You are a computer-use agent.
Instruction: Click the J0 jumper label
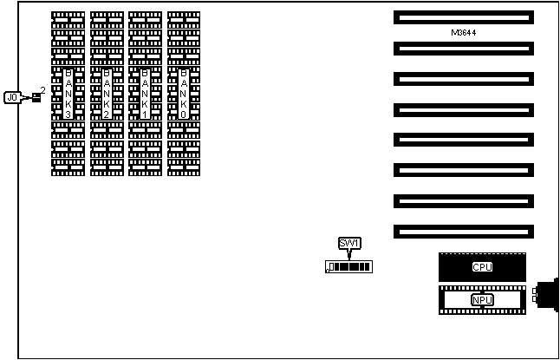click(12, 97)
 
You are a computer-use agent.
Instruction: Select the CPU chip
click(482, 266)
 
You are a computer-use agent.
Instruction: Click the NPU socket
click(482, 300)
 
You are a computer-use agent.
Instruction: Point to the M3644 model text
click(464, 32)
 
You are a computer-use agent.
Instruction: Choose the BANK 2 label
click(107, 94)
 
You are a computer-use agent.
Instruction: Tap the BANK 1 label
click(145, 94)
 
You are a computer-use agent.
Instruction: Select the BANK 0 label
click(184, 94)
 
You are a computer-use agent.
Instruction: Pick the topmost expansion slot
click(463, 16)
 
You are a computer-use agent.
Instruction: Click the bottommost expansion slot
click(463, 232)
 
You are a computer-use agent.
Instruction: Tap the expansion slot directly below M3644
click(463, 48)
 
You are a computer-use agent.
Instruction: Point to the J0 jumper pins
click(36, 96)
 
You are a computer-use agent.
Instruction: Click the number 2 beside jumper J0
click(43, 89)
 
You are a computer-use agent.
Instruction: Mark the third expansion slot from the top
click(463, 79)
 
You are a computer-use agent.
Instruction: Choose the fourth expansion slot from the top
click(463, 109)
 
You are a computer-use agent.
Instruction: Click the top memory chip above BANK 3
click(68, 16)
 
